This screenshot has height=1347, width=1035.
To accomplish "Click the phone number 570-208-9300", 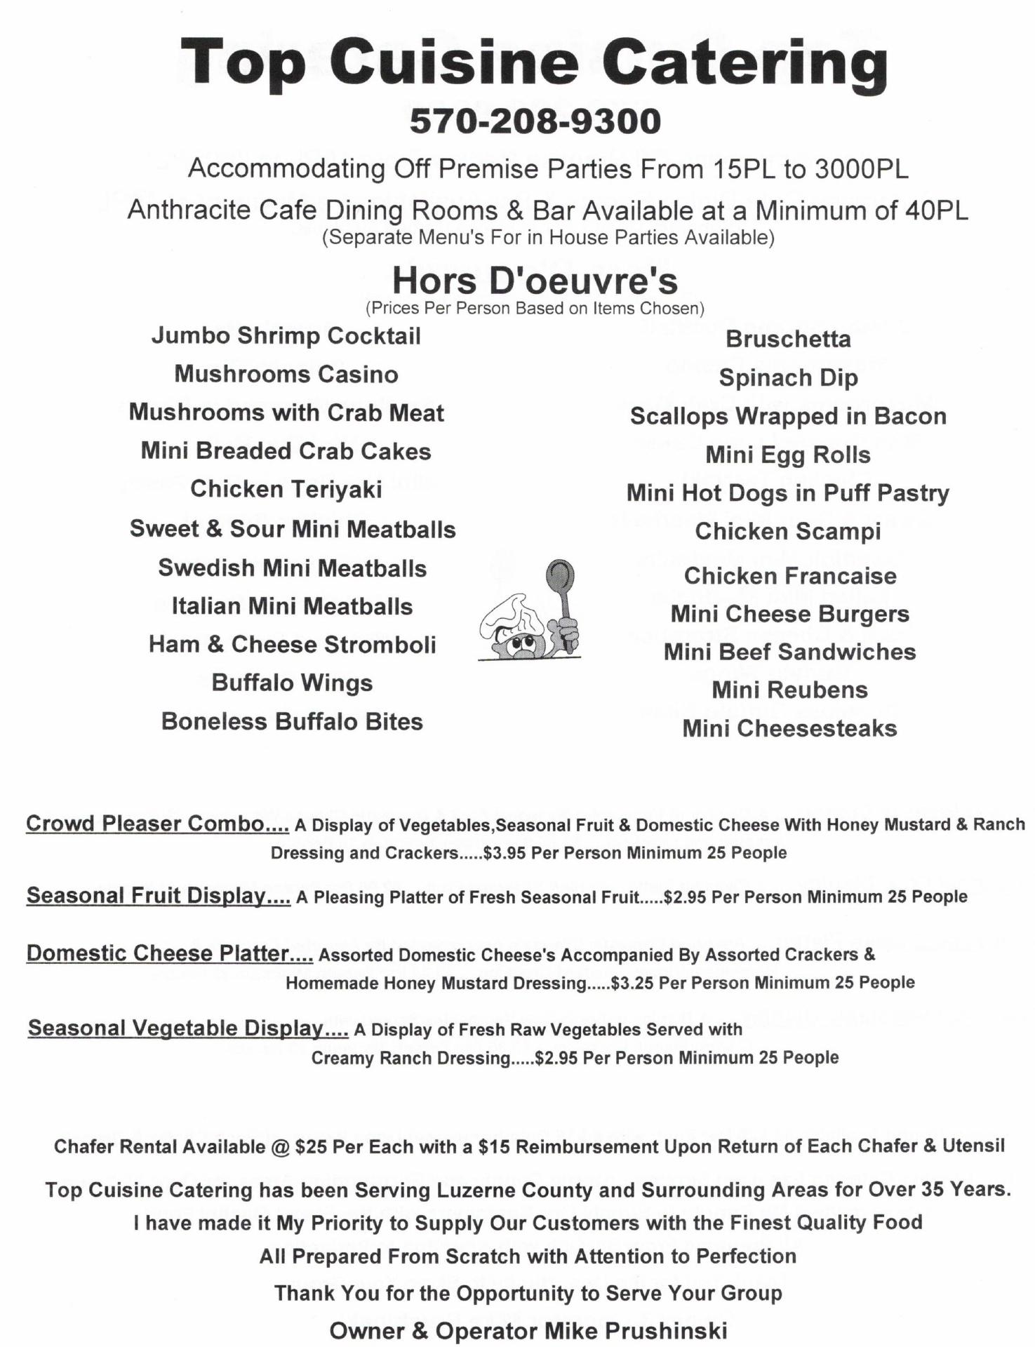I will pyautogui.click(x=535, y=121).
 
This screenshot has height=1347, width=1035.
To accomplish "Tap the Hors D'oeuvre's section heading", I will pyautogui.click(x=535, y=281).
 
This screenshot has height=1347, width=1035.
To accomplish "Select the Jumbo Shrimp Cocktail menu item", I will pyautogui.click(x=286, y=335).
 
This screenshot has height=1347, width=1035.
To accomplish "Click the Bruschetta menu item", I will pyautogui.click(x=788, y=339).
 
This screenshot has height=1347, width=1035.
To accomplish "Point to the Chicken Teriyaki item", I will pyautogui.click(x=286, y=489).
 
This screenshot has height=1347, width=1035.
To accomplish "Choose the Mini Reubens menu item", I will pyautogui.click(x=789, y=690).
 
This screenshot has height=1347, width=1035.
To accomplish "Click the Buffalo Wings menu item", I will pyautogui.click(x=292, y=683).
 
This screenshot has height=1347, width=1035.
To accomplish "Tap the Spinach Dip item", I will pyautogui.click(x=788, y=377).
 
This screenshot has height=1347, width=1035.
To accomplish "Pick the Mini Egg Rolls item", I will pyautogui.click(x=788, y=455).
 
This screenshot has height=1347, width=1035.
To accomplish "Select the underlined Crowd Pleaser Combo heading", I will pyautogui.click(x=157, y=823).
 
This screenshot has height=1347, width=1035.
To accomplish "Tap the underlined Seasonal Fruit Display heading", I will pyautogui.click(x=158, y=895).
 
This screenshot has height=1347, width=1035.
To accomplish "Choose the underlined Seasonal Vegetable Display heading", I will pyautogui.click(x=187, y=1028).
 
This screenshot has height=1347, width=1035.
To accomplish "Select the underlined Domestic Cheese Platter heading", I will pyautogui.click(x=169, y=953).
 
